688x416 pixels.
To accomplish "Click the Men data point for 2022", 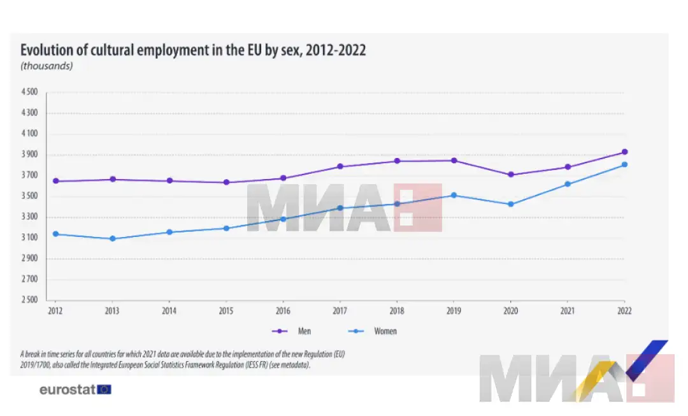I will click(x=624, y=152).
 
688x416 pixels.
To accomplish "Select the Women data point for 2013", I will click(x=112, y=239).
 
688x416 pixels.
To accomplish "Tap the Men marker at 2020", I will click(x=510, y=175).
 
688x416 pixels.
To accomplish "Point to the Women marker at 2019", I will click(x=454, y=195).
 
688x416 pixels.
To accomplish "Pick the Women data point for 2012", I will click(x=55, y=234).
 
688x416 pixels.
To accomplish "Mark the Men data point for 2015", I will click(x=226, y=182).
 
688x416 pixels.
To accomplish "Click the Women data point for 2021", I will click(x=568, y=184).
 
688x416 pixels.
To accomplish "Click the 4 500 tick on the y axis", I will click(x=29, y=92).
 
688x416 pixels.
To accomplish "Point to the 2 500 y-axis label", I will click(x=29, y=300).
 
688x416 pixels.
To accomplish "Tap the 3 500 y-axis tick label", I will click(x=29, y=196).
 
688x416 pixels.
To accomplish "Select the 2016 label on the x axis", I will click(x=283, y=310).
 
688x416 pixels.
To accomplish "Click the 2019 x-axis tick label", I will click(x=454, y=310).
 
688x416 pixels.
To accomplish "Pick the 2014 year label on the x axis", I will click(x=169, y=310).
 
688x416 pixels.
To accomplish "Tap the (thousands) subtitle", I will click(x=47, y=66).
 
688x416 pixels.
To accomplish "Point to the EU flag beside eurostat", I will click(x=104, y=389).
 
